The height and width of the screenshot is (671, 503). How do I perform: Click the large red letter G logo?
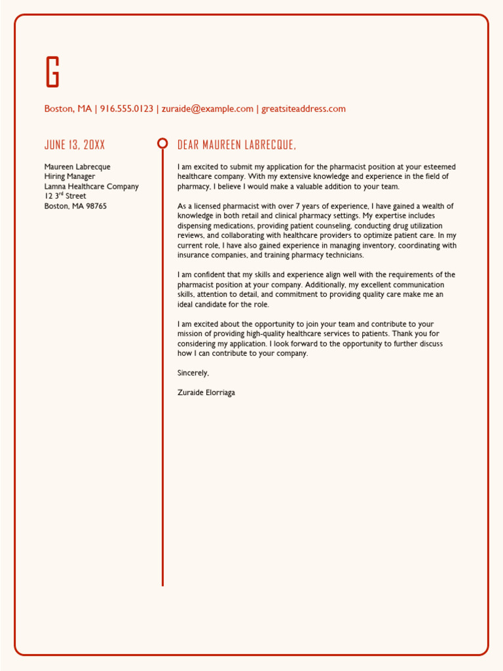pyautogui.click(x=52, y=71)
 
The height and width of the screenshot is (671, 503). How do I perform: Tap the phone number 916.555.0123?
pyautogui.click(x=126, y=109)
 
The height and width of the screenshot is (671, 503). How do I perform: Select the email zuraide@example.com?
pyautogui.click(x=207, y=109)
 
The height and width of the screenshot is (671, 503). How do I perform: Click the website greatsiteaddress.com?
pyautogui.click(x=303, y=109)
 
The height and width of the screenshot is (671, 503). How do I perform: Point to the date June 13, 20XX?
pyautogui.click(x=74, y=145)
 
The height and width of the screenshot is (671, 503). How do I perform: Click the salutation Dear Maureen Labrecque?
pyautogui.click(x=236, y=145)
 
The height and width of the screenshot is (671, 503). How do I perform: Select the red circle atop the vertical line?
pyautogui.click(x=162, y=144)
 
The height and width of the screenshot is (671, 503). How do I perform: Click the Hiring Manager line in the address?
pyautogui.click(x=69, y=176)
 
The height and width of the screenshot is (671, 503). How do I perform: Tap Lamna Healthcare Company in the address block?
pyautogui.click(x=91, y=186)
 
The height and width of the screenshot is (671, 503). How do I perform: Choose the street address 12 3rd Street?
pyautogui.click(x=65, y=196)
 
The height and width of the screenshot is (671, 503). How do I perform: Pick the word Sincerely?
pyautogui.click(x=193, y=373)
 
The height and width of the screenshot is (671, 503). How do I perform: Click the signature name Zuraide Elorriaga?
pyautogui.click(x=206, y=393)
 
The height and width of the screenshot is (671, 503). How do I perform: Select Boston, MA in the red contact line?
pyautogui.click(x=68, y=109)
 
